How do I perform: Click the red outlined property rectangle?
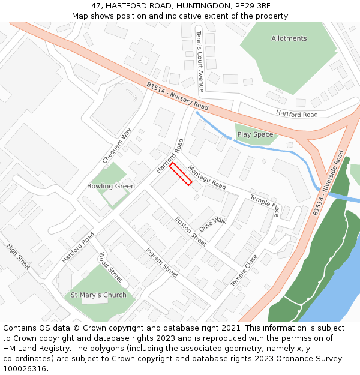pyautogui.click(x=181, y=174)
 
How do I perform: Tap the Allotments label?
pyautogui.click(x=289, y=38)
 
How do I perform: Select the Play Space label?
pyautogui.click(x=255, y=134)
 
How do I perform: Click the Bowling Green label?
pyautogui.click(x=111, y=186)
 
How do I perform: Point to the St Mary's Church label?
pyautogui.click(x=98, y=295)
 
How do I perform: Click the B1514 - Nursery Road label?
pyautogui.click(x=177, y=96)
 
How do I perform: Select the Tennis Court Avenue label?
pyautogui.click(x=199, y=62)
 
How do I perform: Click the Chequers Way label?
pyautogui.click(x=116, y=146)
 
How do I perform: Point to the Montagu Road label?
pyautogui.click(x=207, y=177)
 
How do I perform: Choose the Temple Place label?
pyautogui.click(x=265, y=205)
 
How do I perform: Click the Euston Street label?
pyautogui.click(x=190, y=231)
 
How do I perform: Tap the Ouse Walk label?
pyautogui.click(x=213, y=223)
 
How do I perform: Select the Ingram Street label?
pyautogui.click(x=162, y=263)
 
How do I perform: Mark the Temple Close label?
pyautogui.click(x=244, y=269)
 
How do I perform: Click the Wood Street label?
pyautogui.click(x=110, y=267)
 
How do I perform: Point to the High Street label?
pyautogui.click(x=18, y=256)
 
